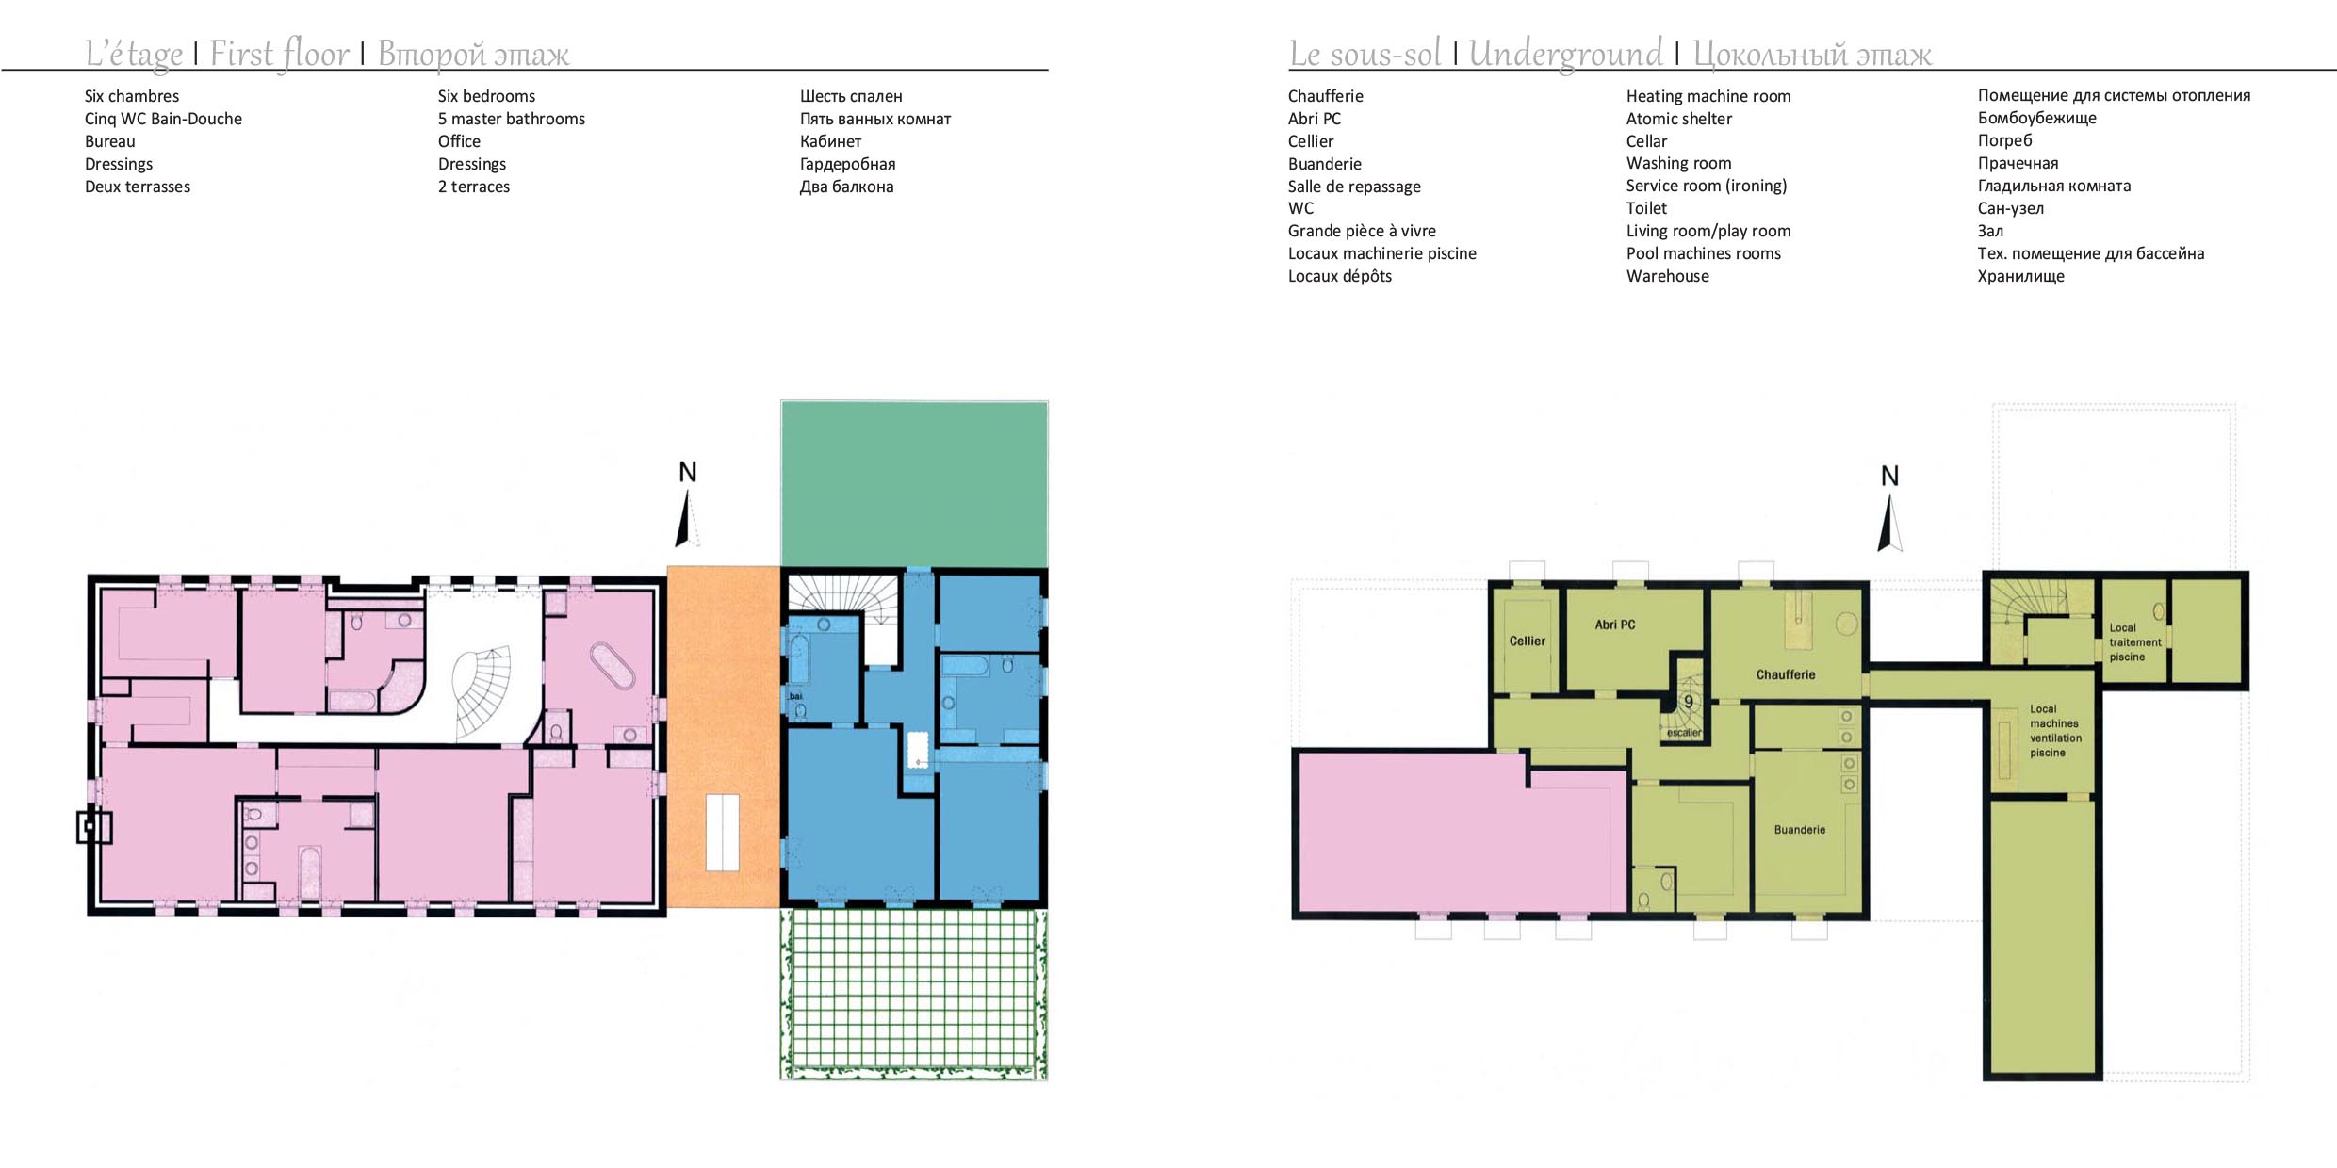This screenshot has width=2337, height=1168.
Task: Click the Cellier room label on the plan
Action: point(1527,641)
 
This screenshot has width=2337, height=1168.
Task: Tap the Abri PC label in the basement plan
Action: point(1615,625)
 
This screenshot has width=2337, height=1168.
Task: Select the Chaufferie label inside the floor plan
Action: point(1785,674)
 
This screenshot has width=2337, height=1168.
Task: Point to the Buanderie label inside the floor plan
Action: point(1800,830)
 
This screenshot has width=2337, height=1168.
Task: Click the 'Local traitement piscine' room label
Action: point(2135,642)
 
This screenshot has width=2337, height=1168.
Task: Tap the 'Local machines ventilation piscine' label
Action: point(2055,731)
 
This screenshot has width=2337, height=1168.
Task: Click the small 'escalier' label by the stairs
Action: point(1684,733)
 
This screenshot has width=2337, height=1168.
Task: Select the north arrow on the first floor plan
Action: point(686,504)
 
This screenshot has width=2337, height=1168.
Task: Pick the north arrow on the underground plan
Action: point(1889,509)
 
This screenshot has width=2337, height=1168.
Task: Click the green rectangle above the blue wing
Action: point(914,484)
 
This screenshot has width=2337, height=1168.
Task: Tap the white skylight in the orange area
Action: point(723,833)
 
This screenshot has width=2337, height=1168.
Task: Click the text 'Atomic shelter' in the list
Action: point(1678,119)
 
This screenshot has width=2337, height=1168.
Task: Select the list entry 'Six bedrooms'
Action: point(486,96)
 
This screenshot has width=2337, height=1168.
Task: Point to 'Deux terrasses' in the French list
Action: point(138,187)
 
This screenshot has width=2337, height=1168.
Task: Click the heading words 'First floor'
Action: point(279,54)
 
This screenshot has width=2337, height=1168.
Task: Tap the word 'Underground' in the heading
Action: point(1565,54)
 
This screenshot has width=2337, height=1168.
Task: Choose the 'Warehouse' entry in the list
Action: point(1667,276)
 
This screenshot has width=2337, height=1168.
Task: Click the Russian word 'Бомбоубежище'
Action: point(2037,118)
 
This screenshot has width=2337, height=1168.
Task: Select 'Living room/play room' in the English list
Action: point(1708,231)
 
